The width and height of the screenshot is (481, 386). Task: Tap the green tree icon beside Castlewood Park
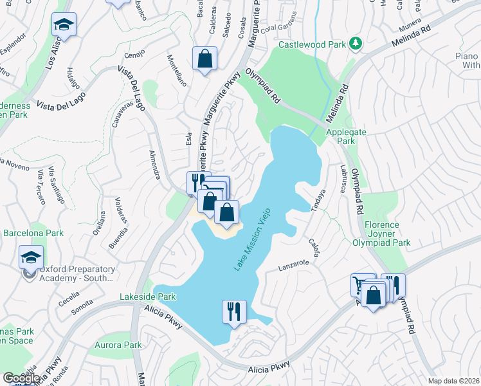(354, 44)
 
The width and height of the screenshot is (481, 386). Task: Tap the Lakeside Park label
(148, 297)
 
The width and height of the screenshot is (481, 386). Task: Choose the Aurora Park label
(119, 345)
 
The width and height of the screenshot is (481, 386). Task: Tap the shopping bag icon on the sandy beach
(227, 212)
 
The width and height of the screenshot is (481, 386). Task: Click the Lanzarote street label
(294, 263)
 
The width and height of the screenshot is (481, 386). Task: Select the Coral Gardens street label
(277, 27)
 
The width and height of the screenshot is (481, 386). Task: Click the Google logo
(21, 378)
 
